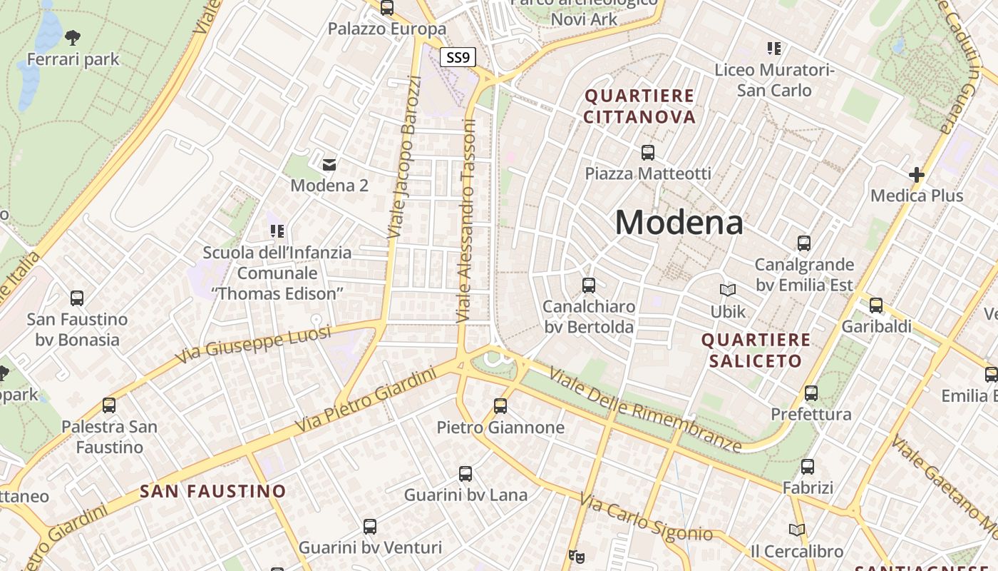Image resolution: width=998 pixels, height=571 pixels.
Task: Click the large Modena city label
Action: [x=679, y=222]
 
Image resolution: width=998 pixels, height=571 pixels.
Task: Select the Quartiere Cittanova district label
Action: [x=639, y=106]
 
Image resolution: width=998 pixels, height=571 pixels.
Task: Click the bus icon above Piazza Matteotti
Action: [x=647, y=152]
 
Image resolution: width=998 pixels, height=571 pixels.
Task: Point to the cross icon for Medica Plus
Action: [x=916, y=174]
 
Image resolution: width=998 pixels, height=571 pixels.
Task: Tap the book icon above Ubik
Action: [x=727, y=290]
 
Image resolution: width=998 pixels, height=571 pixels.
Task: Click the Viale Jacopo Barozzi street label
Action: [x=404, y=157]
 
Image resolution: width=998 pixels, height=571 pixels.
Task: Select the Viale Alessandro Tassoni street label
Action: [x=468, y=221]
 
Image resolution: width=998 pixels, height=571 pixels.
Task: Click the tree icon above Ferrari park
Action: [x=72, y=36]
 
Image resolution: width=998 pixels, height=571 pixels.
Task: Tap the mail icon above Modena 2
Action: [x=329, y=165]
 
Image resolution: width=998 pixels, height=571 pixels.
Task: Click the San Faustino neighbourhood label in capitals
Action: [x=212, y=491]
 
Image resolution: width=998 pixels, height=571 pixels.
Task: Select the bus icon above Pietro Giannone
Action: [x=500, y=406]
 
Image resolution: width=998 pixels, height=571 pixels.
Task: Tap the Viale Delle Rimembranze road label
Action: [x=645, y=409]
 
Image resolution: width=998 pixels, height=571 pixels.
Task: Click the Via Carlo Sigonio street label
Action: [x=646, y=518]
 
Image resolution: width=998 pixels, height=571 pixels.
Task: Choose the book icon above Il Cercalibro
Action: [x=796, y=530]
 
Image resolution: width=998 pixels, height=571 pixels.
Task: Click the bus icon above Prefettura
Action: [x=811, y=393]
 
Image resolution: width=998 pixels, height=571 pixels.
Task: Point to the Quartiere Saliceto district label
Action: [x=756, y=350]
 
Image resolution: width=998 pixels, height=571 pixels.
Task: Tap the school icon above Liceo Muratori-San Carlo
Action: [x=773, y=49]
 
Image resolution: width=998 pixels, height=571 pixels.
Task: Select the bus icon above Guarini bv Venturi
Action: [x=369, y=527]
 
